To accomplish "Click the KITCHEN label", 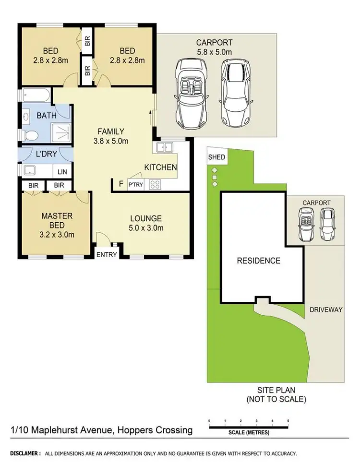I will coord(161,167).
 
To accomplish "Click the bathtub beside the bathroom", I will coord(35,96).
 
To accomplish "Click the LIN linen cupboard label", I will coord(62,171).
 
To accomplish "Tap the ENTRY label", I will coord(107,254).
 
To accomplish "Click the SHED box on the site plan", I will coord(216,157).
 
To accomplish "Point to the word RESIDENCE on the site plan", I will coord(258,261).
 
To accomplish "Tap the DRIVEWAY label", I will coord(326,310).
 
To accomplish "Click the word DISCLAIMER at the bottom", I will coord(25,453).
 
